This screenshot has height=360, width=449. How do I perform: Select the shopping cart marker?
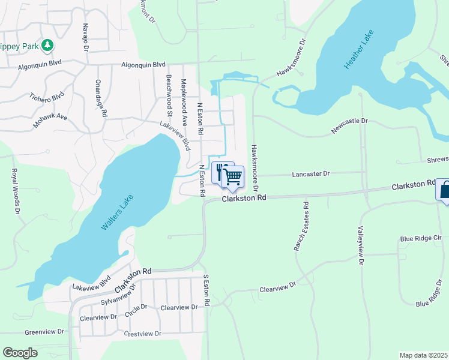point(232,177)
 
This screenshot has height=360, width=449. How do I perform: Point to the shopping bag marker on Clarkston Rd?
point(444,190)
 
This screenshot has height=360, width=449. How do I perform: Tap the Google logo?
point(20,353)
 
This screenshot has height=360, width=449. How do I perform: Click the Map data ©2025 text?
point(423,355)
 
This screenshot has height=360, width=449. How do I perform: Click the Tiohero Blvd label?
point(46,96)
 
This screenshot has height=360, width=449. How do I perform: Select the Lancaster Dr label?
point(311,173)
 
